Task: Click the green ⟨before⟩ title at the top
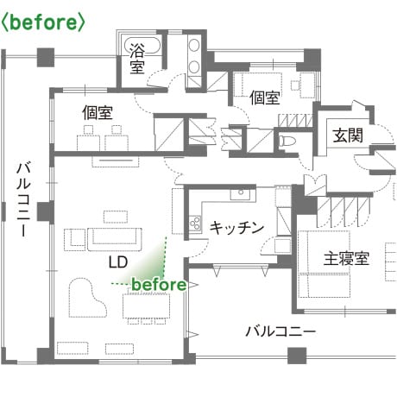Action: (x=43, y=22)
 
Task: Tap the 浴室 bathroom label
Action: (x=137, y=59)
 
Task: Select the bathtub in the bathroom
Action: (x=142, y=46)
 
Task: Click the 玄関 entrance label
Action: (x=348, y=135)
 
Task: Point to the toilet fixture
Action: (x=287, y=142)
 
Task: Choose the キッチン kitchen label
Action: (x=236, y=228)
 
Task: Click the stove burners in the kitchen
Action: (x=195, y=223)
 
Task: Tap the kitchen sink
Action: (x=241, y=194)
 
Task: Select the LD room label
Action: (x=118, y=262)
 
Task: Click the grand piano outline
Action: (x=87, y=298)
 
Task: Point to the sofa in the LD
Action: (x=115, y=239)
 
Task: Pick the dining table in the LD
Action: (x=146, y=306)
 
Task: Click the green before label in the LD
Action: (x=159, y=285)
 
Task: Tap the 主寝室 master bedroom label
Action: (x=346, y=259)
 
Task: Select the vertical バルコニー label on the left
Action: (x=23, y=199)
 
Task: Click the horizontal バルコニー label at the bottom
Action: (x=280, y=331)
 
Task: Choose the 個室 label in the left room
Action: (x=98, y=112)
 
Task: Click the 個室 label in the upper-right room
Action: (x=265, y=98)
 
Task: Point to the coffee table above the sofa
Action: (x=116, y=217)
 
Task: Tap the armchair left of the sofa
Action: (x=75, y=239)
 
